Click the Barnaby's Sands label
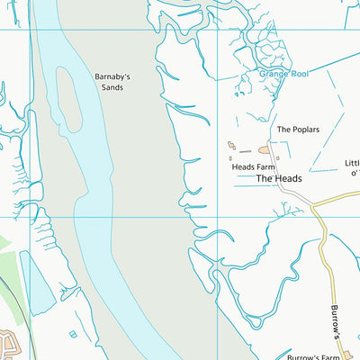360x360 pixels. (x=112, y=82)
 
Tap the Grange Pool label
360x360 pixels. (x=283, y=73)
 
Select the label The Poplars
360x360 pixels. (x=298, y=130)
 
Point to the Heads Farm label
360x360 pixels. (x=252, y=166)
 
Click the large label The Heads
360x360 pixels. (x=278, y=178)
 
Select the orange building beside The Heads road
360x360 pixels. (x=265, y=149)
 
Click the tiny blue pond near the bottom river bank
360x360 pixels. (x=72, y=335)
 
